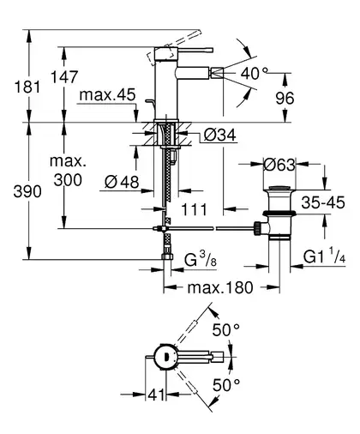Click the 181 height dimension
pos(27,87)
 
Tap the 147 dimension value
pos(64,76)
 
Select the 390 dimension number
pos(27,191)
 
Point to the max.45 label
pos(107,95)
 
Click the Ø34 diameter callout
pos(220,135)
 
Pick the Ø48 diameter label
pos(122,181)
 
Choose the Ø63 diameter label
pos(279,165)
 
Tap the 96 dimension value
pos(285,99)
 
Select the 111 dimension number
pos(194,209)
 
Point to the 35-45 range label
pos(323,202)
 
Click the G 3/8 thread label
pos(201,259)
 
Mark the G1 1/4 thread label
pos(324,256)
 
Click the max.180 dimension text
pos(220,287)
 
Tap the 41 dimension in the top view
pos(157,395)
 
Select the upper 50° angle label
pos(225,330)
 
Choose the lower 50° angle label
pos(226,385)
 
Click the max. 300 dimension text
pos(68,171)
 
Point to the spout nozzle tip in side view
pos(217,73)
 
